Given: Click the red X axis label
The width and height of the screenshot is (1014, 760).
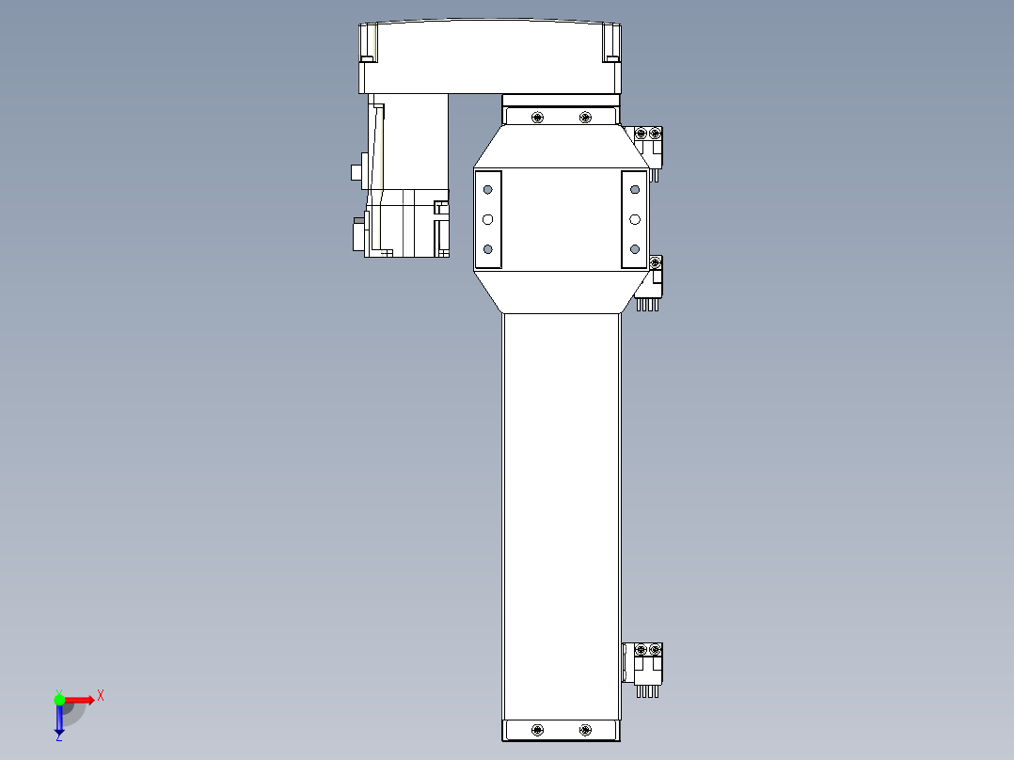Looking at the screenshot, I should (101, 695).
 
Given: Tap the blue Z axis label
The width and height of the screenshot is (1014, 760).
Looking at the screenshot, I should (58, 737).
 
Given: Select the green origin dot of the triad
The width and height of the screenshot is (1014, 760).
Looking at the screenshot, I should (59, 699).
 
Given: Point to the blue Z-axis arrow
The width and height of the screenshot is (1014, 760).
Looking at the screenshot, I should (59, 720).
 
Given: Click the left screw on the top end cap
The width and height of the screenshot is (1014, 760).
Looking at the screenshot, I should (537, 117).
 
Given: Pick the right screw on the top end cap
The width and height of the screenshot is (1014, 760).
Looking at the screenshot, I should (585, 117).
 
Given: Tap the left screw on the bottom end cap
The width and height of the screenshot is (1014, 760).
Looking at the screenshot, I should (537, 730).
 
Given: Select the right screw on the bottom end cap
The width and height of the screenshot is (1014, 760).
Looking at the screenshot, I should (585, 730).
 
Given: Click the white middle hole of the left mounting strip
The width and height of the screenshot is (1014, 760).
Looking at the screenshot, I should (487, 219).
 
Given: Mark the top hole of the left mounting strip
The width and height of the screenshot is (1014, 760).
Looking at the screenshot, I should (487, 189).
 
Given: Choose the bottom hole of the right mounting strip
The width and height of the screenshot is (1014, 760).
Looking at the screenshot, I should (635, 249).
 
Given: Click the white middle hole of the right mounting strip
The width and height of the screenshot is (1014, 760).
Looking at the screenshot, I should (635, 219).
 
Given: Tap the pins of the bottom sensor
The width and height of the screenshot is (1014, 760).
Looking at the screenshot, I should (646, 691).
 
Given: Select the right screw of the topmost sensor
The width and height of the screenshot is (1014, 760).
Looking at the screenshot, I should (656, 134).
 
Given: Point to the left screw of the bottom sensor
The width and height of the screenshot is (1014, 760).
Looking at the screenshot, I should (642, 650).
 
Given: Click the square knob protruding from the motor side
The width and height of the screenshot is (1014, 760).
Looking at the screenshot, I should (356, 172).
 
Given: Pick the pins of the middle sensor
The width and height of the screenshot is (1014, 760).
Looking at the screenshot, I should (646, 304).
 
